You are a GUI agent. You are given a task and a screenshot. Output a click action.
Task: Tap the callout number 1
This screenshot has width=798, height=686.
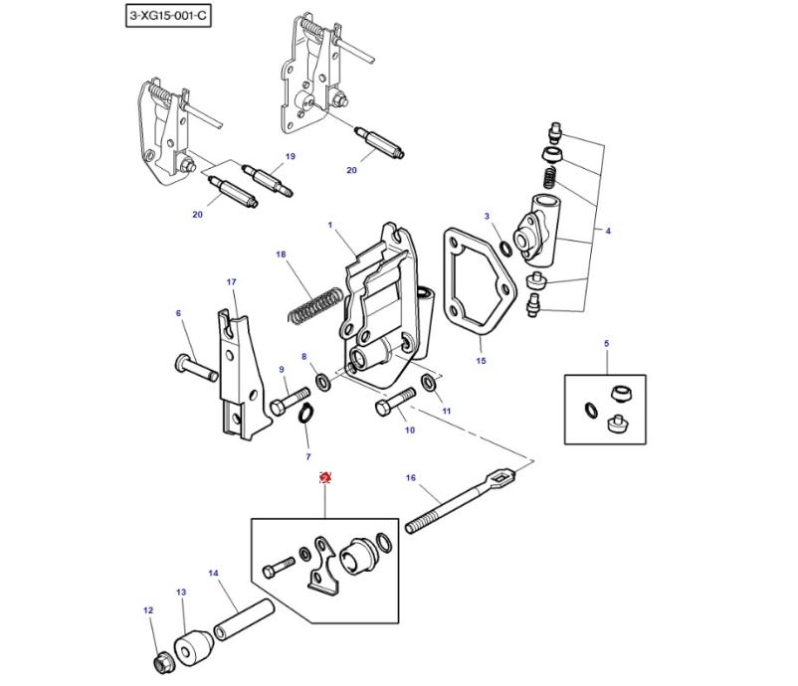[329, 226]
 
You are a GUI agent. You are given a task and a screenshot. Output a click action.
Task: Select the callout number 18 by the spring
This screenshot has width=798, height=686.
[281, 255]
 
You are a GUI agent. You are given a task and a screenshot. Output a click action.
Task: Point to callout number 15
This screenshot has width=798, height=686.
[481, 361]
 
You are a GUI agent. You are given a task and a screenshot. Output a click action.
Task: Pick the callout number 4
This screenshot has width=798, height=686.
[608, 232]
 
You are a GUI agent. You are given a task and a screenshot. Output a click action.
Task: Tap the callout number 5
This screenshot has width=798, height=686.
[605, 344]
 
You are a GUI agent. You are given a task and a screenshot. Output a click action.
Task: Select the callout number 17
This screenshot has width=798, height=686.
[232, 282]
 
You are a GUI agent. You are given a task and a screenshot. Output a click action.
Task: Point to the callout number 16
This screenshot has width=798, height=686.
[410, 478]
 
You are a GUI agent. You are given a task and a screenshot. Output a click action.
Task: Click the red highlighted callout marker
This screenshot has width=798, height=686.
[324, 478]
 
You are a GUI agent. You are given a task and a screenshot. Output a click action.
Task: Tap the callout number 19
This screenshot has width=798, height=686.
[291, 157]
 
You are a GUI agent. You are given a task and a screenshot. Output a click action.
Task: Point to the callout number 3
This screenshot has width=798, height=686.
[487, 216]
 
